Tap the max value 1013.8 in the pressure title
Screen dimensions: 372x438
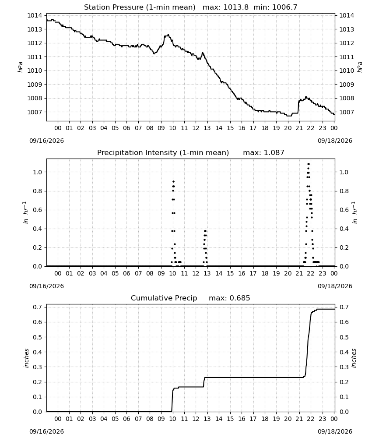click(236, 7)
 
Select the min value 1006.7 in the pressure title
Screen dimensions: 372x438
click(284, 7)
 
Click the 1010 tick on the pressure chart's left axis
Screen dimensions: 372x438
click(34, 71)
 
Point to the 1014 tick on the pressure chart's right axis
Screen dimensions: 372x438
click(347, 16)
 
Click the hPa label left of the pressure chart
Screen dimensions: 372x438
click(20, 67)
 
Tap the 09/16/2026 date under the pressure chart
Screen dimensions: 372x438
click(46, 141)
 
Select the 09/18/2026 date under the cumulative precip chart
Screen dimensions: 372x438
click(335, 431)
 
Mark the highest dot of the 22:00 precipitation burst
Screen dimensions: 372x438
click(309, 164)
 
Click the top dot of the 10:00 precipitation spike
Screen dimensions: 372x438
click(173, 182)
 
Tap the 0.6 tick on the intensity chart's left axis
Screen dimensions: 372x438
click(37, 210)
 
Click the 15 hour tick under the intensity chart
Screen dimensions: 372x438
click(230, 273)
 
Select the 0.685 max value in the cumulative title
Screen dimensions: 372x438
click(240, 298)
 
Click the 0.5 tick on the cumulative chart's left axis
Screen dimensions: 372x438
click(37, 337)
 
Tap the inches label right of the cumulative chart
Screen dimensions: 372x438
click(354, 358)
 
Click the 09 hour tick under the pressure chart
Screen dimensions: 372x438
click(161, 128)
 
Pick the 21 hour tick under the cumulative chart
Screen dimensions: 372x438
click(299, 419)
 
